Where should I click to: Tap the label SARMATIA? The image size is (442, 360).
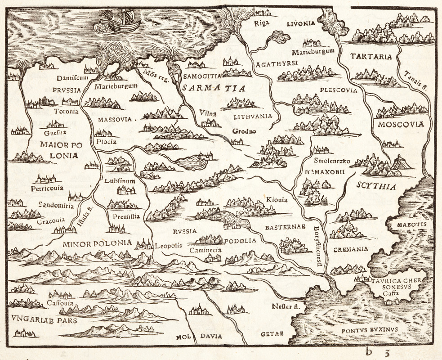[x=214, y=89]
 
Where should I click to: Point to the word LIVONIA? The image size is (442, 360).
[x=302, y=24]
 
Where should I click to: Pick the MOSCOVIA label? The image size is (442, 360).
[x=401, y=124]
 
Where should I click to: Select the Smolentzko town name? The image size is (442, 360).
[x=332, y=161]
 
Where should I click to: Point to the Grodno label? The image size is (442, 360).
[x=244, y=131]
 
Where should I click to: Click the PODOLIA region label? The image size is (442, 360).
[x=240, y=241]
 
